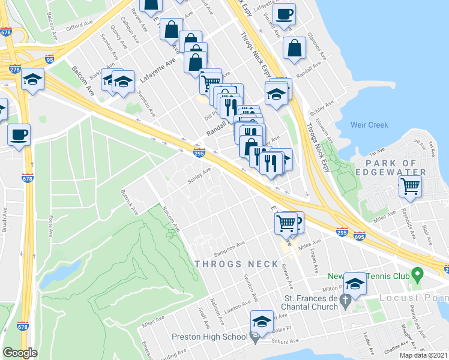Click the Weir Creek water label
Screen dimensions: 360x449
pyautogui.click(x=369, y=125)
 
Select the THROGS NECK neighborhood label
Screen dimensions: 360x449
pyautogui.click(x=237, y=264)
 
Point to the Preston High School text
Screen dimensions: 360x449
pyautogui.click(x=209, y=337)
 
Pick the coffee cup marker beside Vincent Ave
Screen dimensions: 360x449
pyautogui.click(x=284, y=13)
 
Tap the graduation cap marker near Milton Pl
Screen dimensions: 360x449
pyautogui.click(x=355, y=284)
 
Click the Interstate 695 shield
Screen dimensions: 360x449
pyautogui.click(x=360, y=236)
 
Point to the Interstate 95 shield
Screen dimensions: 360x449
pyautogui.click(x=49, y=59)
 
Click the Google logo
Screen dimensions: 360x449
pyautogui.click(x=20, y=352)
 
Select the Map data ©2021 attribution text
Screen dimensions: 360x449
pyautogui.click(x=423, y=355)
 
